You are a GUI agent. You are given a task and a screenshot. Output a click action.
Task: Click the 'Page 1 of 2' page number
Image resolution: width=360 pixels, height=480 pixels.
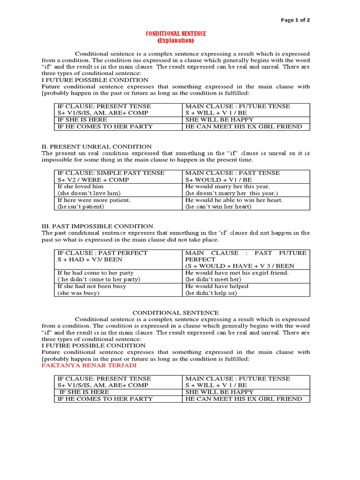coord(295,20)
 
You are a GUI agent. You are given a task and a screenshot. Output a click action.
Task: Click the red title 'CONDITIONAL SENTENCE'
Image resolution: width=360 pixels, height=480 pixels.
coord(175,34)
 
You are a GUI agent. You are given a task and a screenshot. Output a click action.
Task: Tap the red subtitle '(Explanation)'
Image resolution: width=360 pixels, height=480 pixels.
coord(175,41)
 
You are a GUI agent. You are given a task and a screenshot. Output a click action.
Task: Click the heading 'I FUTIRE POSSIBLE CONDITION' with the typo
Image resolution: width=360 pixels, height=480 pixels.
coord(94,345)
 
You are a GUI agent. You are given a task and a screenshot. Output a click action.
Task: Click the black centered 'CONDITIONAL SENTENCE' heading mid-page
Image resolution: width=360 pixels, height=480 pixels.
coord(175,312)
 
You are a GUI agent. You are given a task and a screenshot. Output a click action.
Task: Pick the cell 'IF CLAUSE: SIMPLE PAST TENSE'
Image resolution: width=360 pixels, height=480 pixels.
coord(111,173)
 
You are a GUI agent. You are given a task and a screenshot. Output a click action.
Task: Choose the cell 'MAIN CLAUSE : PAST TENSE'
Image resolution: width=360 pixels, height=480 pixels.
coord(232,173)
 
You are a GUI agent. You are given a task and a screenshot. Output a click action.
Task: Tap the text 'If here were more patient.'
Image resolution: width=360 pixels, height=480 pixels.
coord(93,200)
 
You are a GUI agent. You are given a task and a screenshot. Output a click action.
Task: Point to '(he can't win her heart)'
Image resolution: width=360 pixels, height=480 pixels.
coord(218,206)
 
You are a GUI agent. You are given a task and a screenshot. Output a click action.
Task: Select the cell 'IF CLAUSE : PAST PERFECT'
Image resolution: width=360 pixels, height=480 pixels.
coord(102,253)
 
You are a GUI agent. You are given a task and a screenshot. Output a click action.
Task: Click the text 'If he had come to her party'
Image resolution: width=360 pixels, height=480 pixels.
coord(95,273)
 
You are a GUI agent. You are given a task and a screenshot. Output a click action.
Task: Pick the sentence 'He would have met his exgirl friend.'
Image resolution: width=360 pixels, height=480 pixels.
coord(237,273)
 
